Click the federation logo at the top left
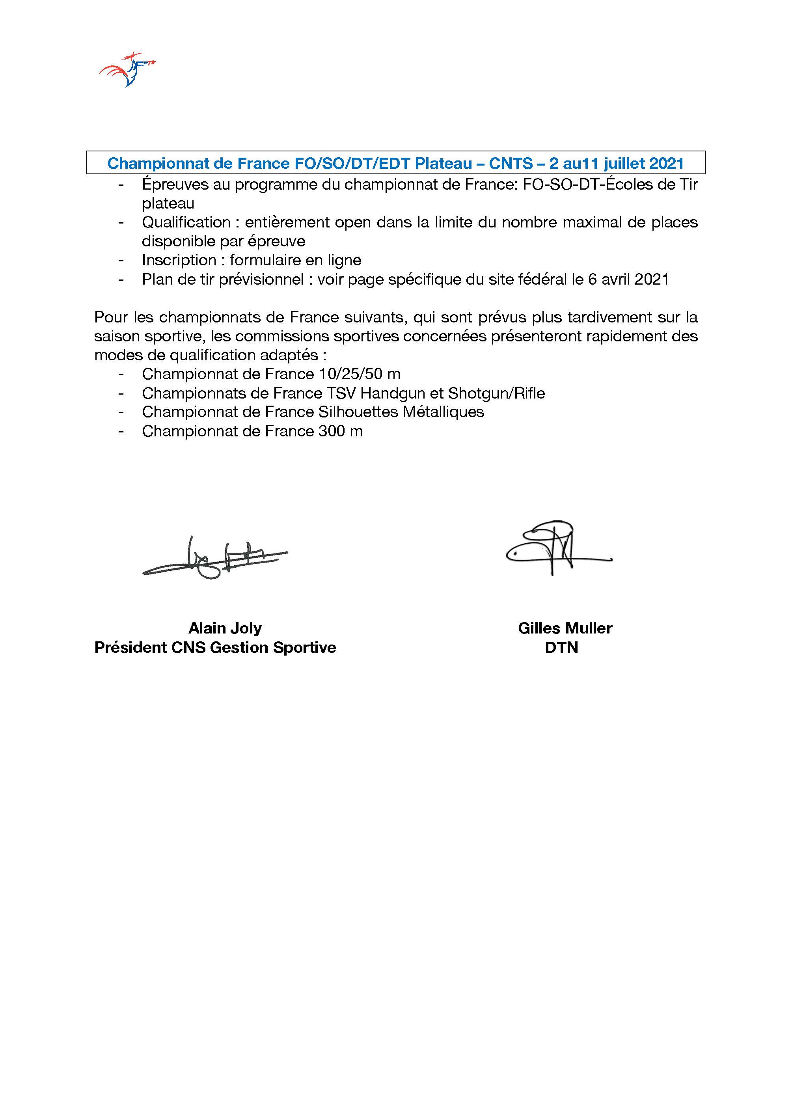[x=127, y=70]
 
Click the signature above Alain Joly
[x=214, y=559]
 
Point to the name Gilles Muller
[x=565, y=628]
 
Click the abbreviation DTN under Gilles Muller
[x=561, y=647]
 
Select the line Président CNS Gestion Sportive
[x=215, y=647]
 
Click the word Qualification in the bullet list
[x=186, y=222]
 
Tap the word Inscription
[x=179, y=260]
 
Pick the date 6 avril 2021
[x=628, y=279]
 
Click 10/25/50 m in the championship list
[x=360, y=374]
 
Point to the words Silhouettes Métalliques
[x=401, y=412]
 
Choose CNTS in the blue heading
[x=511, y=163]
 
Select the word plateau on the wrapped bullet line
[x=168, y=203]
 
